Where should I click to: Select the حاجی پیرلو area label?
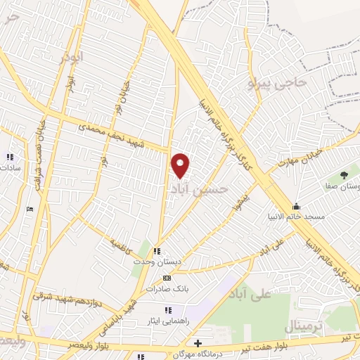(279, 84)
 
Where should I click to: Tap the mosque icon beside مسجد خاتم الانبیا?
(297, 206)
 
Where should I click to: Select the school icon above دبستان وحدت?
(157, 250)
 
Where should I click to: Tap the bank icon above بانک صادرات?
(167, 278)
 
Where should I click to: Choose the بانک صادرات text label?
(167, 289)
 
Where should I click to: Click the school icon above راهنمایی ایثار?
(167, 310)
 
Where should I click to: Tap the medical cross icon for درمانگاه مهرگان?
(199, 343)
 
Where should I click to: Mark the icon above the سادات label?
(10, 157)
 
